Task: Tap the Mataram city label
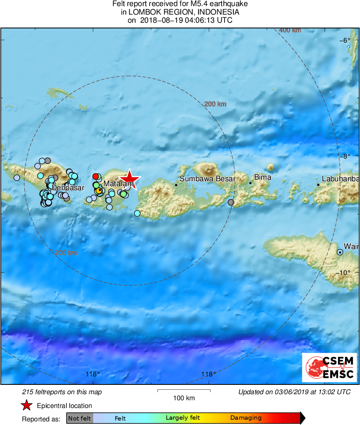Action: [118, 184]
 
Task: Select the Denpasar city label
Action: [68, 188]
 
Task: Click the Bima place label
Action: [262, 177]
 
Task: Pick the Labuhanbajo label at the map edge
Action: [341, 178]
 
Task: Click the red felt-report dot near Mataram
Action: [96, 176]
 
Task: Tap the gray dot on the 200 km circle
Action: [231, 202]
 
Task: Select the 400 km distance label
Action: [290, 30]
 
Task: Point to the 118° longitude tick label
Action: [209, 374]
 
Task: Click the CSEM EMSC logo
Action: [330, 367]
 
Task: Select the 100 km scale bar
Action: [184, 391]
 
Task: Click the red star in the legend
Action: [27, 406]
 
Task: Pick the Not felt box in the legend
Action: [79, 418]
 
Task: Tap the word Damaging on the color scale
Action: [246, 418]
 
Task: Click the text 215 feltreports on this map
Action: [62, 392]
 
